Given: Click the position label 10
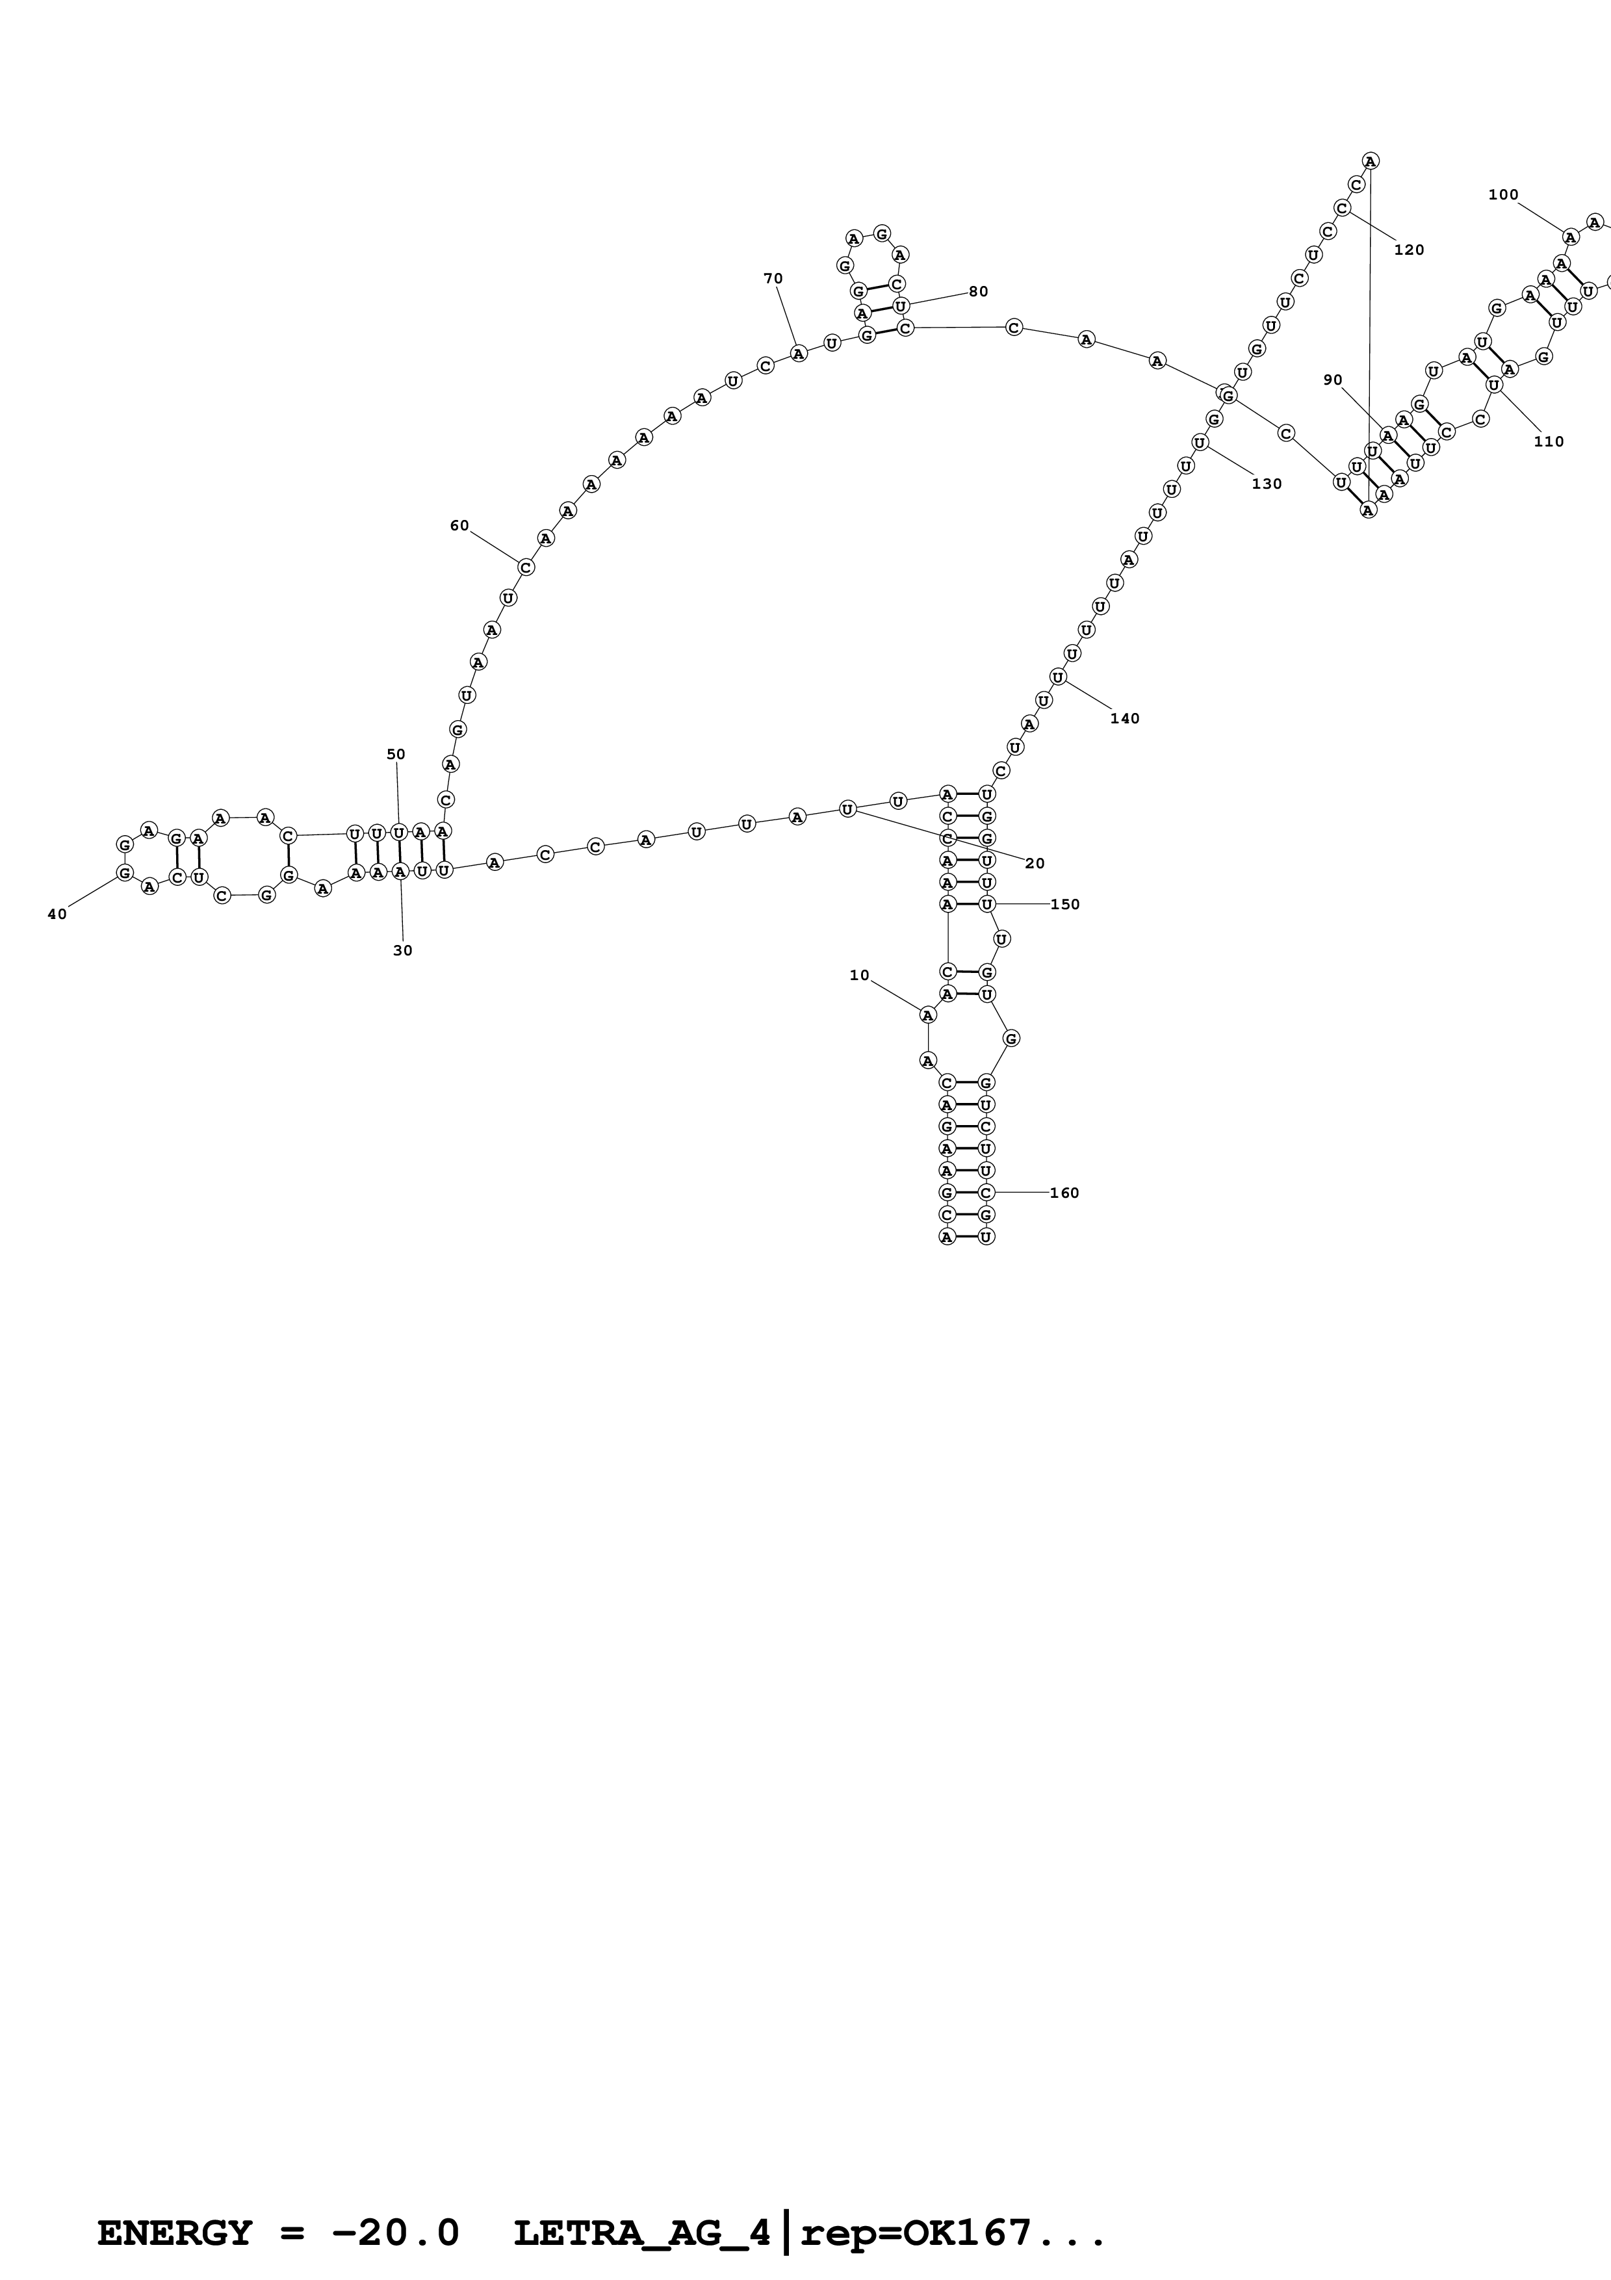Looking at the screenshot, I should pos(858,975).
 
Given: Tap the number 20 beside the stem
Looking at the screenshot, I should pos(1035,863).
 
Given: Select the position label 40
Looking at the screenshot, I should pos(57,914).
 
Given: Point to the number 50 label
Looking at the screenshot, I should pos(395,754).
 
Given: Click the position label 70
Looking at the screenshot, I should pos(772,278).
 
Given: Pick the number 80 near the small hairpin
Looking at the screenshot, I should pos(978,291).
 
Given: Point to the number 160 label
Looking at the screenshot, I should pos(1063,1193).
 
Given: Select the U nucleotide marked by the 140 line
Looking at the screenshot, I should pos(1058,677).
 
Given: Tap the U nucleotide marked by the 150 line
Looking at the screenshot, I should pos(986,903).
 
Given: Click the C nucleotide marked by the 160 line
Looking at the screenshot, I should pos(986,1191).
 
